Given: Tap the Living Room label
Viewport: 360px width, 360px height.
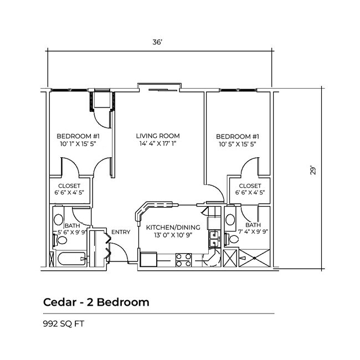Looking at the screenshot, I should pos(158,136).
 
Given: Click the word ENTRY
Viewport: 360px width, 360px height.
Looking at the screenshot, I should pos(121,232).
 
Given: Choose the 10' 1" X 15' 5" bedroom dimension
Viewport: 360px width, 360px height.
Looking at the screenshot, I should pos(78,144).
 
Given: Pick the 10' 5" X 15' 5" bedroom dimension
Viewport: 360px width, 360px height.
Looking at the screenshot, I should pos(237,144).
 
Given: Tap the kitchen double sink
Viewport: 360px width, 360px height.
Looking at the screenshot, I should pos(214,238).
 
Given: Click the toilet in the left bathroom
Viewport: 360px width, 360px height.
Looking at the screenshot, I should pos(58,240).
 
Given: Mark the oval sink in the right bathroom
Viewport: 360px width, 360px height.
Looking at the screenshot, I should pos(230,219).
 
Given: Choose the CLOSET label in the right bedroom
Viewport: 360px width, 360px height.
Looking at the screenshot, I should pos(250,186).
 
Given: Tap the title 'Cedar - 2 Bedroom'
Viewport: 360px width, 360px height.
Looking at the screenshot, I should pos(96,302).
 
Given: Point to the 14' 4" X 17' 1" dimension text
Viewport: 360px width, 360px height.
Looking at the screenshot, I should pos(158,144).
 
